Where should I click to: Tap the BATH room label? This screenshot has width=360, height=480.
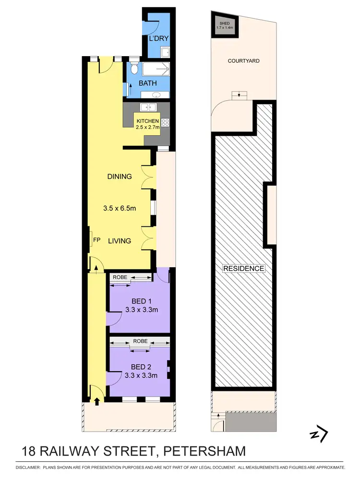tap(147, 83)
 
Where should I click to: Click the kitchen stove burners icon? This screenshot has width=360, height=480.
tap(165, 123)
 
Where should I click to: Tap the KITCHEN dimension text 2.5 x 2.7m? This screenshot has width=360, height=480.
tap(147, 127)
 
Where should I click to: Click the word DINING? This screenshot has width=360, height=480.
tap(119, 176)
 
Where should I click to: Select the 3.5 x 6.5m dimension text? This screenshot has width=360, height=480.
tap(119, 208)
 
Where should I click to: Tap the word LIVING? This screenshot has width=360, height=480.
tap(119, 241)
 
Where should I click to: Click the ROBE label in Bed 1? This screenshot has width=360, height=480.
tap(120, 277)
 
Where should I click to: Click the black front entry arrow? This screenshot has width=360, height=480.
tap(97, 401)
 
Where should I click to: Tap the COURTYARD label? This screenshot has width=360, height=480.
tap(243, 61)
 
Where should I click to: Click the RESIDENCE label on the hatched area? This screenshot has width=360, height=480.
tap(243, 269)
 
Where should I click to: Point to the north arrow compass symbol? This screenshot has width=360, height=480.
tap(318, 434)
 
